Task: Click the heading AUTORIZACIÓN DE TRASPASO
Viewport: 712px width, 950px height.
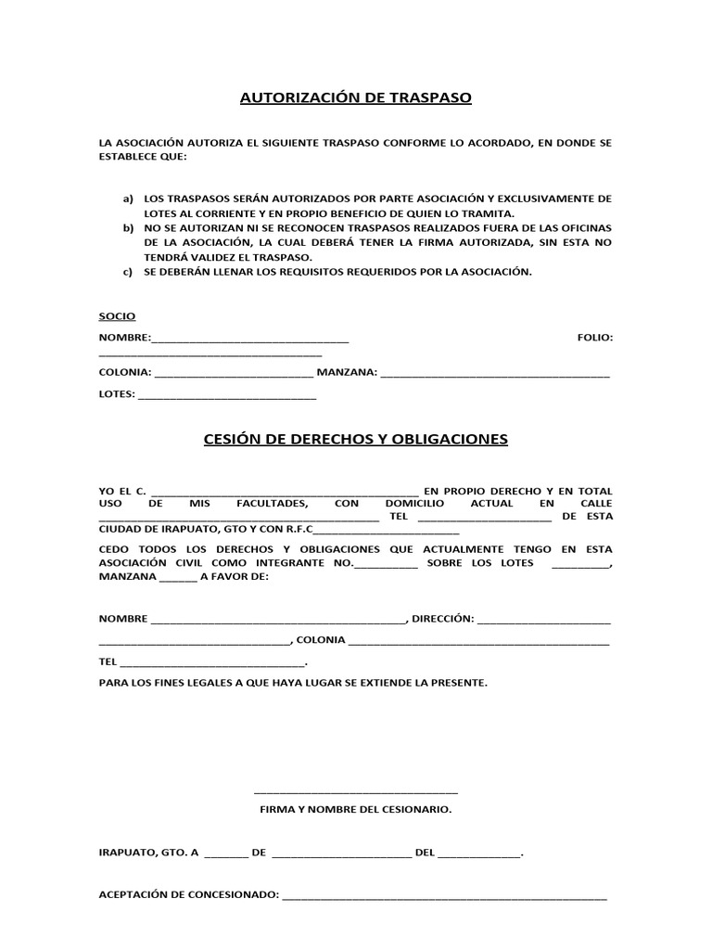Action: (356, 97)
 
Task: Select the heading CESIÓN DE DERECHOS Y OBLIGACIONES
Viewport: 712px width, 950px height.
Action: (356, 439)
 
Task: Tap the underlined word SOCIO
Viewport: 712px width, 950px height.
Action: (117, 316)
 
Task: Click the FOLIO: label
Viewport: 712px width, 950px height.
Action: (594, 338)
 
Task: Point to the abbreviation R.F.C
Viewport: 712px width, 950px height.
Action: (294, 531)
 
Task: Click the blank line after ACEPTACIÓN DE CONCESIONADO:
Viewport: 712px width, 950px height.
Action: (445, 898)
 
